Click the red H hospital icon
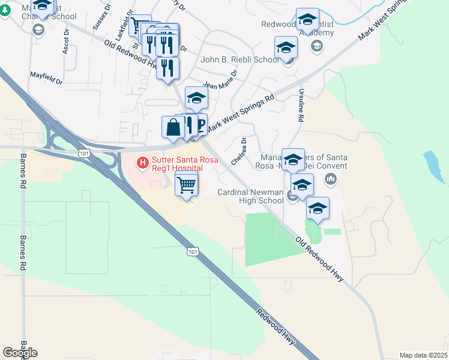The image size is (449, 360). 143,162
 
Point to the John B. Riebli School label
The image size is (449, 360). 240,59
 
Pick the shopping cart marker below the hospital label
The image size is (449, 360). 187,185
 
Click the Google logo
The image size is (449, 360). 20,353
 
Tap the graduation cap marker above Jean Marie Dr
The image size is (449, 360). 196,98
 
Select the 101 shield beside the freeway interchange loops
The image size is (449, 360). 83,154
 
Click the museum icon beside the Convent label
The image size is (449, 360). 331,179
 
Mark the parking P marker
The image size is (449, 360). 200,125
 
